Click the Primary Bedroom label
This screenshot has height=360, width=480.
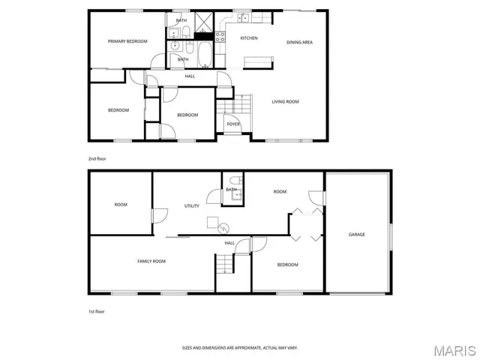127,41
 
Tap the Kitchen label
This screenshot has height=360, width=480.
249,38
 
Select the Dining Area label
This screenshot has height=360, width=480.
299,42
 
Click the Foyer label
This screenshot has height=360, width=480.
233,124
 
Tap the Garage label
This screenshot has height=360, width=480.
356,235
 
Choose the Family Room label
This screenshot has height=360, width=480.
151,261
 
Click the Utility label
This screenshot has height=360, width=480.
192,206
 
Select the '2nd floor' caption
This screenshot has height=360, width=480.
97,159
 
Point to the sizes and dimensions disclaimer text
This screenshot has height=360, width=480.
240,347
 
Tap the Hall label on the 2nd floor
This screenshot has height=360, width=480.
190,76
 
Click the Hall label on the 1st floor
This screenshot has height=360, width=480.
229,243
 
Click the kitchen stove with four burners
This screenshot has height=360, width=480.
220,34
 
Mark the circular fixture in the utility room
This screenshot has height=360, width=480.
223,228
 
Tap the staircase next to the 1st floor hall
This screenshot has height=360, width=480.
225,264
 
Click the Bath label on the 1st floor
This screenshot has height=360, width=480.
231,190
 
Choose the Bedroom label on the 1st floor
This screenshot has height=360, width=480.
287,265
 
